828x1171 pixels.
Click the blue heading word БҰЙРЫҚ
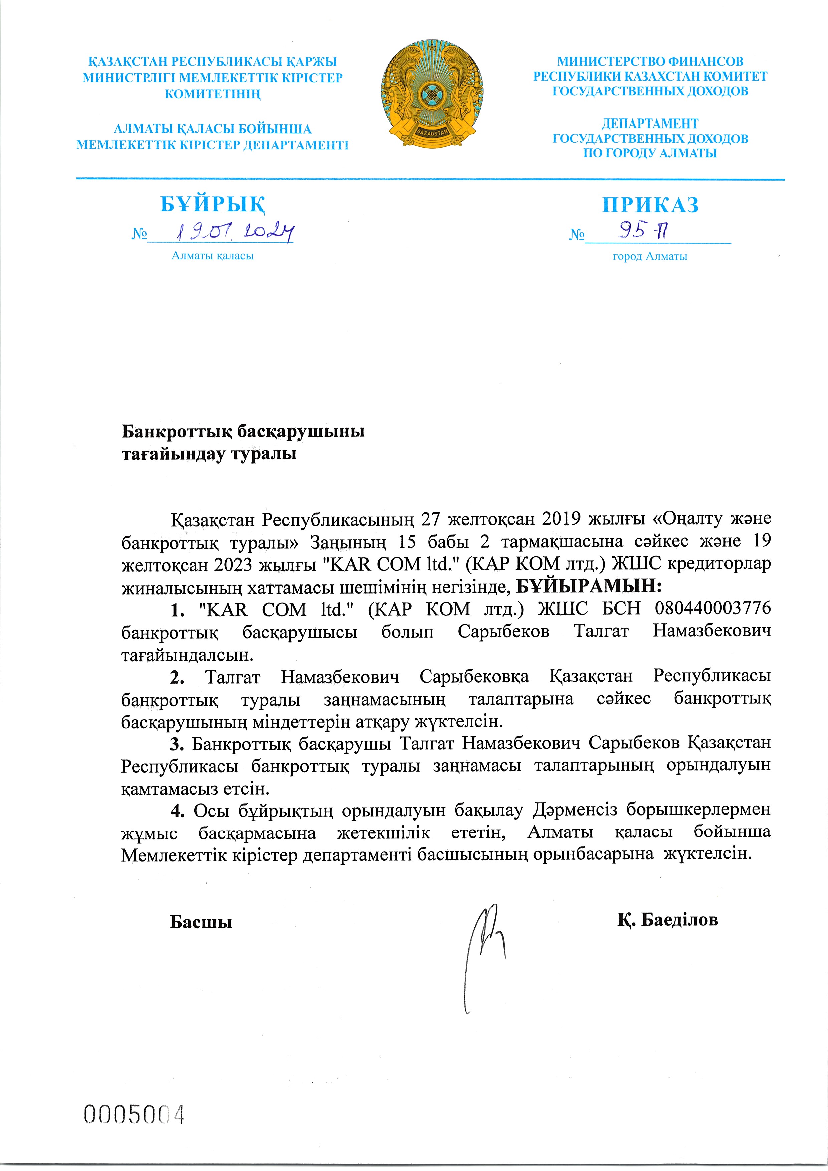[213, 205]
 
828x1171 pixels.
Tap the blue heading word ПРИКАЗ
[650, 205]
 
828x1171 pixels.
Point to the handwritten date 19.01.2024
[235, 233]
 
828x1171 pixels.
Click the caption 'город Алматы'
[650, 257]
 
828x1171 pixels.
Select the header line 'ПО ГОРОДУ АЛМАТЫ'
[650, 153]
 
